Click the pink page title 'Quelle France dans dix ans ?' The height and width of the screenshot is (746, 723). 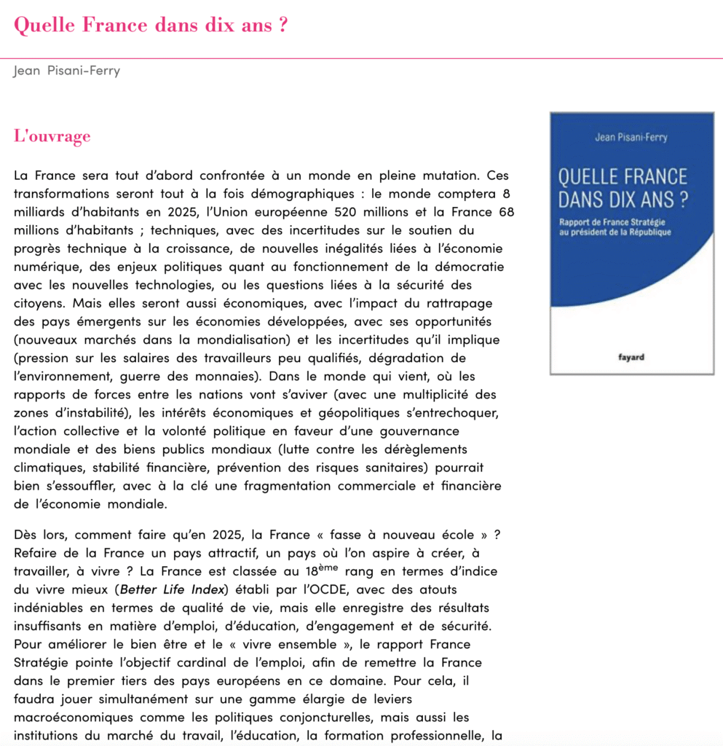tap(151, 25)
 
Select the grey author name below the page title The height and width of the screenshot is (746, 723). tap(66, 71)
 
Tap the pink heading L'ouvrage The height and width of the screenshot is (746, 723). tap(52, 136)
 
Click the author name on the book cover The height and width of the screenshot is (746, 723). tap(631, 138)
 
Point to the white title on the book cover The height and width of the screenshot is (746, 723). tap(623, 187)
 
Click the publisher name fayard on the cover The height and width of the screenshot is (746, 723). tap(631, 357)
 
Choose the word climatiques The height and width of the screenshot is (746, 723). tap(47, 467)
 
